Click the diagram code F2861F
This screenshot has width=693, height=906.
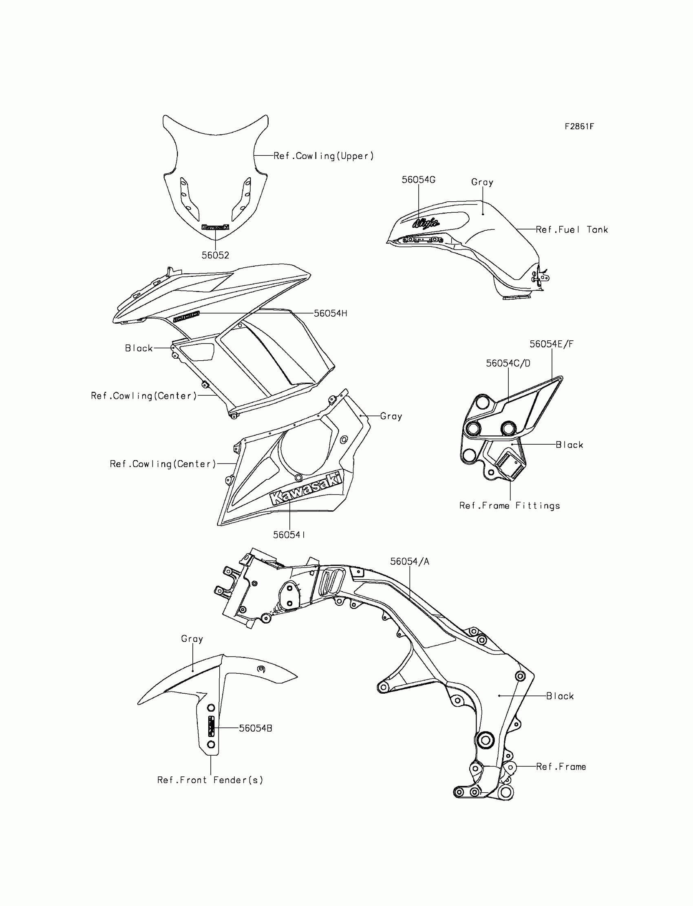tap(579, 127)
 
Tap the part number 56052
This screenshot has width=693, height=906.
tap(215, 255)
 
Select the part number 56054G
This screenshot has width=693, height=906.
tap(418, 180)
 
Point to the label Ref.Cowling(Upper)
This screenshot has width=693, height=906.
tap(323, 156)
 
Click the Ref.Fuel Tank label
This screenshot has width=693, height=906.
tap(572, 230)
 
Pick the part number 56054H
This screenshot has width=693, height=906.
tap(331, 313)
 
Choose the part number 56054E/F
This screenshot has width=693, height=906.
tap(551, 344)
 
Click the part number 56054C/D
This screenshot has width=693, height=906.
tap(508, 363)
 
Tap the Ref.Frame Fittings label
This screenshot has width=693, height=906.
tap(510, 506)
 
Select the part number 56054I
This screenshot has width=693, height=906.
tap(289, 535)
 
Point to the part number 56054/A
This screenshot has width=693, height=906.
tap(410, 562)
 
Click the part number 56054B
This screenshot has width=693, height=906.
tap(255, 728)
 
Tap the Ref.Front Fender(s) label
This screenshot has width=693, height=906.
tap(210, 780)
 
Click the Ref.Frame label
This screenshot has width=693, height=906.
tap(561, 767)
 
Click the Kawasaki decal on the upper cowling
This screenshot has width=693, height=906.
tap(215, 227)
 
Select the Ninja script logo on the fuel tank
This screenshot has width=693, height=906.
tap(426, 223)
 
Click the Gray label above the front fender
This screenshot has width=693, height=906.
tap(192, 639)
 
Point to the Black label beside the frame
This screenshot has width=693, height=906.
tap(560, 696)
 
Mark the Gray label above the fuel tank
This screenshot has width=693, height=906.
tap(482, 182)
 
